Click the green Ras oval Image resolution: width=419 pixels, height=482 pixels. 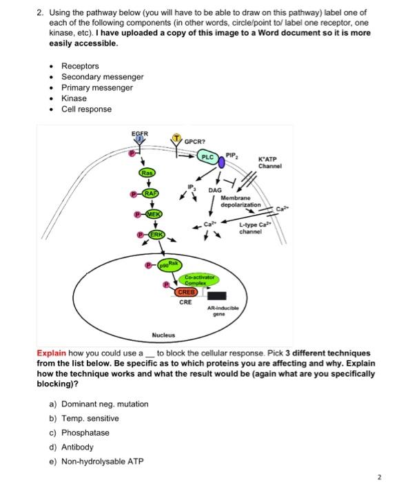tap(147, 172)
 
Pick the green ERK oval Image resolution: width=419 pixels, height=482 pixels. tap(158, 235)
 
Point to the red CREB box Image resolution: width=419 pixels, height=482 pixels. tap(187, 291)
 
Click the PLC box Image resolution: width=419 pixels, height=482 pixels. tap(207, 158)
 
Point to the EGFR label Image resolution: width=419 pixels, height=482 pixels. tap(139, 134)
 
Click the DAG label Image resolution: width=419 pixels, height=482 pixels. tap(215, 190)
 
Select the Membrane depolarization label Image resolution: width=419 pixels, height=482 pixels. tap(241, 201)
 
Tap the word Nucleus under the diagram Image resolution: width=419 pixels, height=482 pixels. tap(163, 335)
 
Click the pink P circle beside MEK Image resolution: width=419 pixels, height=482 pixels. tap(139, 215)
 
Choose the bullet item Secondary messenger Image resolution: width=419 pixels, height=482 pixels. tap(103, 77)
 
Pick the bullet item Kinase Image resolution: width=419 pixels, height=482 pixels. tap(74, 98)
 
